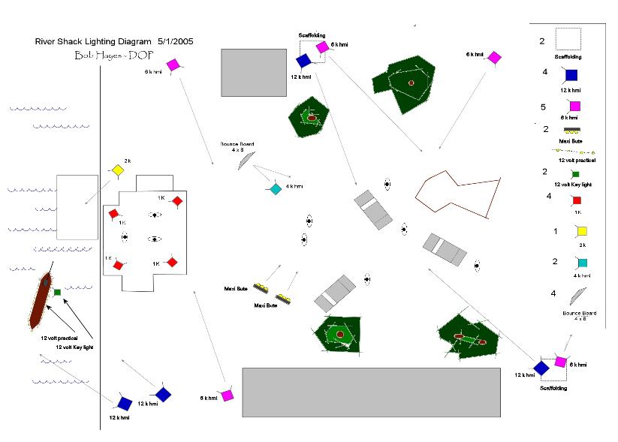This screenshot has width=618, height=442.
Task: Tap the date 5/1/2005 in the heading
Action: (x=174, y=41)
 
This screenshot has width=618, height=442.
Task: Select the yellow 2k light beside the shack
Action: (x=116, y=170)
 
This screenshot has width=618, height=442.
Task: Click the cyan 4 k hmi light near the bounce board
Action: (x=276, y=189)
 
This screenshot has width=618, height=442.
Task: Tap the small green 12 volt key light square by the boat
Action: (x=58, y=291)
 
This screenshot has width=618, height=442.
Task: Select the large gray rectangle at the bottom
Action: (x=371, y=392)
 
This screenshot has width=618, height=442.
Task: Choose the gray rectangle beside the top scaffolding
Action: (x=254, y=72)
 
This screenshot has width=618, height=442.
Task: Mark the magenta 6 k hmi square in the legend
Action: (x=574, y=106)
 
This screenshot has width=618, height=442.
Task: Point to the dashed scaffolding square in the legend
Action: (x=568, y=40)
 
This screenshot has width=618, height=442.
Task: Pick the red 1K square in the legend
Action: (x=577, y=200)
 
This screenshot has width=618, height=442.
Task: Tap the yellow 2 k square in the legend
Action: (x=582, y=232)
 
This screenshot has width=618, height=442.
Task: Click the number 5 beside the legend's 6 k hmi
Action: (x=545, y=107)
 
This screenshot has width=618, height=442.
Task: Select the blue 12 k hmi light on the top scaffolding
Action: (x=303, y=60)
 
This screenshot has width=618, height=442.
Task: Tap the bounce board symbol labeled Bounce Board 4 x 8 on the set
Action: (x=242, y=159)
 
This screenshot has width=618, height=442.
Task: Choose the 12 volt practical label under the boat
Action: (x=60, y=338)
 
